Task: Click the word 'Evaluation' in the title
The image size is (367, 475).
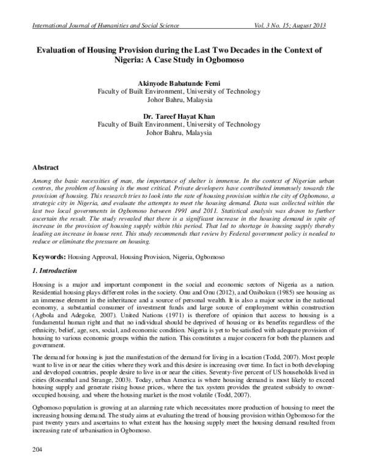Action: click(x=70, y=48)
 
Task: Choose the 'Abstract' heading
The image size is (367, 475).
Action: click(x=46, y=166)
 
